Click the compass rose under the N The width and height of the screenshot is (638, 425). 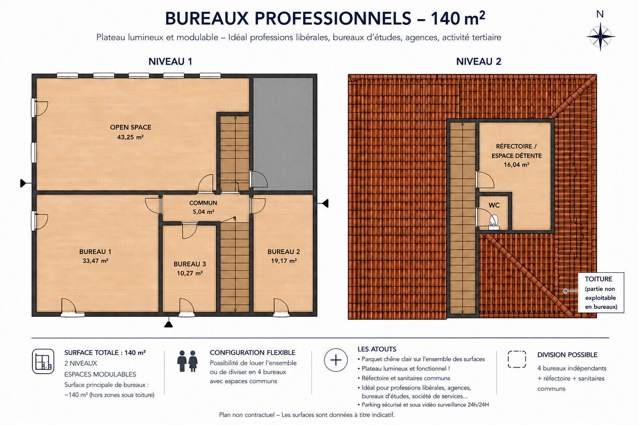600,37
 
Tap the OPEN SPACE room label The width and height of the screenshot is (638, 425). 131,127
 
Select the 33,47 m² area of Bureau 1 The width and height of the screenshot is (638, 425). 95,261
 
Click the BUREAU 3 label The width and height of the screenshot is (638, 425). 190,264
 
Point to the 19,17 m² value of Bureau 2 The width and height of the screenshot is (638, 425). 284,261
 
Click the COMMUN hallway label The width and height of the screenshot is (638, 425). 203,203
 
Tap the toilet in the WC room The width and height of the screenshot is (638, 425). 494,223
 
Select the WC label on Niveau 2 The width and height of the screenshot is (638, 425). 494,205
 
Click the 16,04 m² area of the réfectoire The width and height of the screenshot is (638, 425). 517,165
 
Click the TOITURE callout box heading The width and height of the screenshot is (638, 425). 599,279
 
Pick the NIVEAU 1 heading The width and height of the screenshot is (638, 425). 170,62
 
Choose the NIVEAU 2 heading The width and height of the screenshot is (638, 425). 478,62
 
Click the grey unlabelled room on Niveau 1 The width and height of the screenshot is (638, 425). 283,134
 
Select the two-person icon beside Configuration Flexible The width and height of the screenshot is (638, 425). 187,361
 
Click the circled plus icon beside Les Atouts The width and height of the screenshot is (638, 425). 336,360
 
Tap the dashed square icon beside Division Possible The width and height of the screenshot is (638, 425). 517,359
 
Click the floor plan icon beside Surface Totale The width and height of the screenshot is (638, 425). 43,361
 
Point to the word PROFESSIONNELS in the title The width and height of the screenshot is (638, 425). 333,19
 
